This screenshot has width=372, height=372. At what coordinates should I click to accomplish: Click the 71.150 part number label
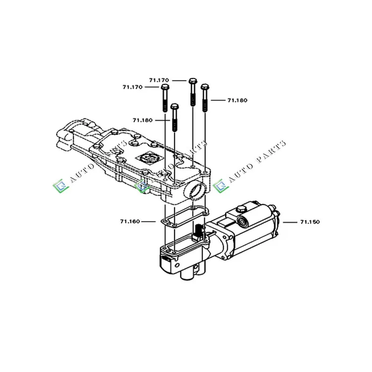310,222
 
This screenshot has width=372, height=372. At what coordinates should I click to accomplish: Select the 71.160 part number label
130,222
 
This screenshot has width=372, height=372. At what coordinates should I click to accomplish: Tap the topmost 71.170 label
159,80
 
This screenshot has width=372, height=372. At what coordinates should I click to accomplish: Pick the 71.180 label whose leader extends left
142,121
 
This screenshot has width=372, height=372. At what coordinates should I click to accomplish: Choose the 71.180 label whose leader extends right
237,100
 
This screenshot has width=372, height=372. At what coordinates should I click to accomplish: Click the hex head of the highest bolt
193,81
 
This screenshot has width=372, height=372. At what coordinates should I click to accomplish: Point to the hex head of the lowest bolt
175,107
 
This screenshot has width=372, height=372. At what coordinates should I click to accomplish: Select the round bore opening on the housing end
196,191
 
